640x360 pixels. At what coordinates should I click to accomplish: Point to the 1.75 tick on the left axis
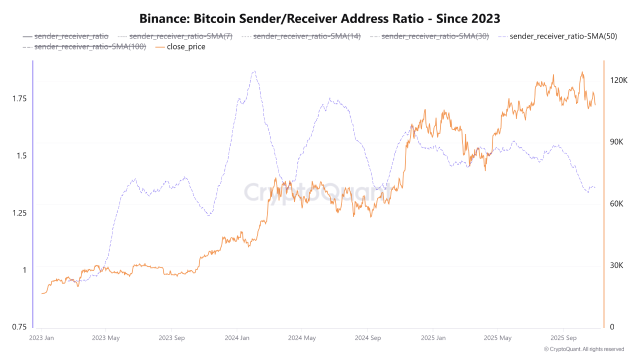pyautogui.click(x=19, y=98)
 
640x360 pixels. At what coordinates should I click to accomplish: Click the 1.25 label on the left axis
pyautogui.click(x=19, y=212)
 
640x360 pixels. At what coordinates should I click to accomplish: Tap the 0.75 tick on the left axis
pyautogui.click(x=19, y=326)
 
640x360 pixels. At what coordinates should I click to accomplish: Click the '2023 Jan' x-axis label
pyautogui.click(x=41, y=338)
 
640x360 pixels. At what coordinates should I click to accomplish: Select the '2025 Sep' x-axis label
pyautogui.click(x=563, y=338)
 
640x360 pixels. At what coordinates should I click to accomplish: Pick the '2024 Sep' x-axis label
pyautogui.click(x=367, y=338)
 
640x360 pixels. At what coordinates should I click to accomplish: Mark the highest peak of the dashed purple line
pyautogui.click(x=254, y=71)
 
